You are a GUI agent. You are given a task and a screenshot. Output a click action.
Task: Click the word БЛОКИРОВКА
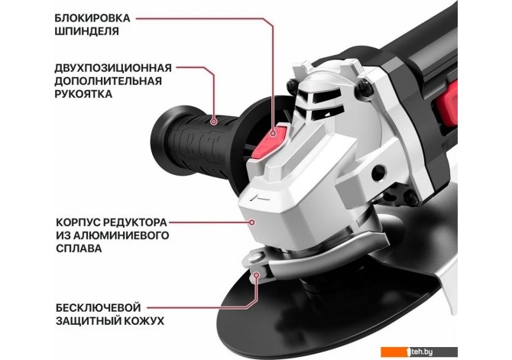click(92, 18)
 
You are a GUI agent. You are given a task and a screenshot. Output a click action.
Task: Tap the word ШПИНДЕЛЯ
click(86, 31)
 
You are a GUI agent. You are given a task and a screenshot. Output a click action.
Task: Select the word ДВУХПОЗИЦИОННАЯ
click(113, 68)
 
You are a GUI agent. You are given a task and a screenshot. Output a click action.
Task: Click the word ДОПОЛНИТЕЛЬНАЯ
click(108, 81)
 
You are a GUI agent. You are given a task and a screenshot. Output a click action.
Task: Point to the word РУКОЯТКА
click(83, 94)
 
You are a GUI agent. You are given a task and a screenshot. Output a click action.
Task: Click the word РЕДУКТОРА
click(134, 222)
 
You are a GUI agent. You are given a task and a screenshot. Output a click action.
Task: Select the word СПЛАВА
click(79, 248)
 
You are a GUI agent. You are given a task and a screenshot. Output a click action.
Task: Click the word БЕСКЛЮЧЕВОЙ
click(99, 308)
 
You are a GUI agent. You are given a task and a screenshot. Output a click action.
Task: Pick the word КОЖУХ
click(144, 321)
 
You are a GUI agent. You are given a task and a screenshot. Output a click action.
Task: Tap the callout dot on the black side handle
click(214, 122)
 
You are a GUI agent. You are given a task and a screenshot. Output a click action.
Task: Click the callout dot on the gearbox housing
click(251, 222)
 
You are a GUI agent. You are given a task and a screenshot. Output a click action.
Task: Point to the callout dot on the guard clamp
click(256, 275)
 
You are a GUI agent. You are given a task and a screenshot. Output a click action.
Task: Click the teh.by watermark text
click(422, 352)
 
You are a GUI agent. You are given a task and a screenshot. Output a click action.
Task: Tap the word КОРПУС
click(77, 222)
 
